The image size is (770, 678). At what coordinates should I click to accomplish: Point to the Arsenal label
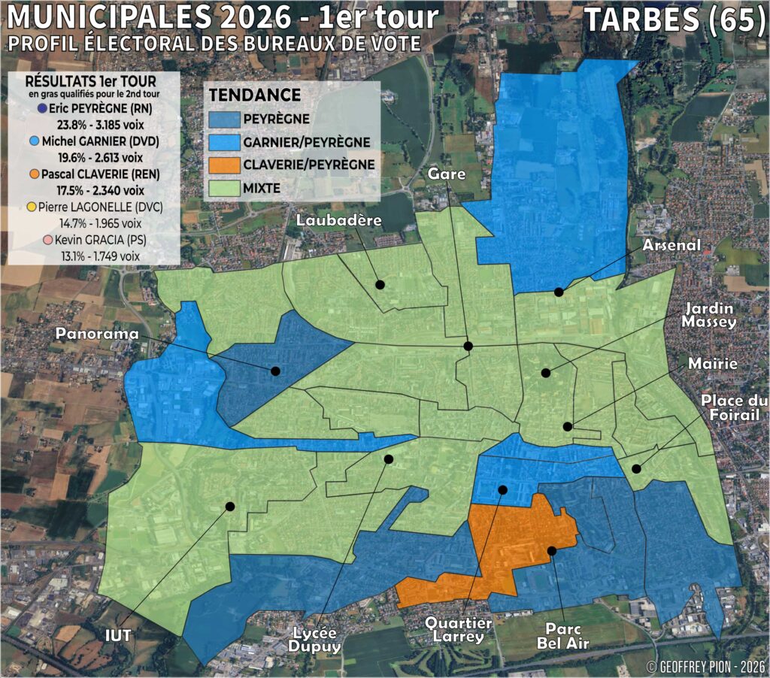tap(671, 246)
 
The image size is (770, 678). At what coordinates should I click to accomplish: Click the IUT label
tap(118, 635)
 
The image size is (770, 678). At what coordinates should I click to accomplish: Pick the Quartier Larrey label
tap(458, 630)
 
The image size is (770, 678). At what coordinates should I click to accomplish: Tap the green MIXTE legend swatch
tap(224, 189)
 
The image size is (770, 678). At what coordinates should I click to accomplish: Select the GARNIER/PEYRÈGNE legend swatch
tap(224, 142)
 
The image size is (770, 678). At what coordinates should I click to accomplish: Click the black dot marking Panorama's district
tap(275, 371)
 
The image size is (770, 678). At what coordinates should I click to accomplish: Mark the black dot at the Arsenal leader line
tap(559, 292)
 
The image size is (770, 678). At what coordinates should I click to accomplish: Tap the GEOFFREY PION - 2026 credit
tap(705, 666)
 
